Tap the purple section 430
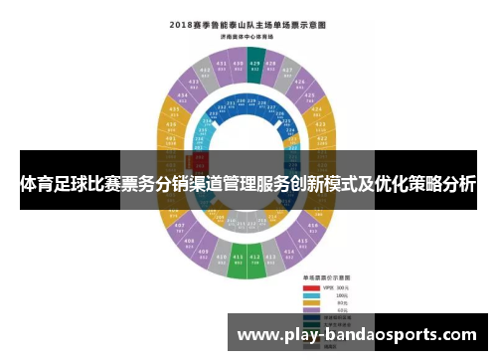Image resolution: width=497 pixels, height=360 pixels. [x=239, y=66]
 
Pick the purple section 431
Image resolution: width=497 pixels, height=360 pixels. [x=221, y=67]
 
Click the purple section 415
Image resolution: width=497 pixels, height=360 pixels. [x=301, y=243]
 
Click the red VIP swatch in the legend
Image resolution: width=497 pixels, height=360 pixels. [x=310, y=285]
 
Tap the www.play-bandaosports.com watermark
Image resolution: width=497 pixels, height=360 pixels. [x=358, y=335]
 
